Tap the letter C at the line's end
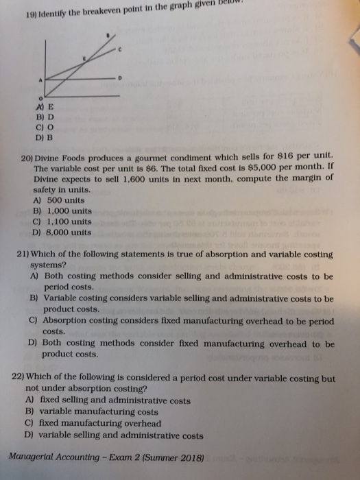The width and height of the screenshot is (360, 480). tap(120, 49)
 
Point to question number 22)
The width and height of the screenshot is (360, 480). tap(21, 378)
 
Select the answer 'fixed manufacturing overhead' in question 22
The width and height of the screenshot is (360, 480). tap(91, 424)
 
